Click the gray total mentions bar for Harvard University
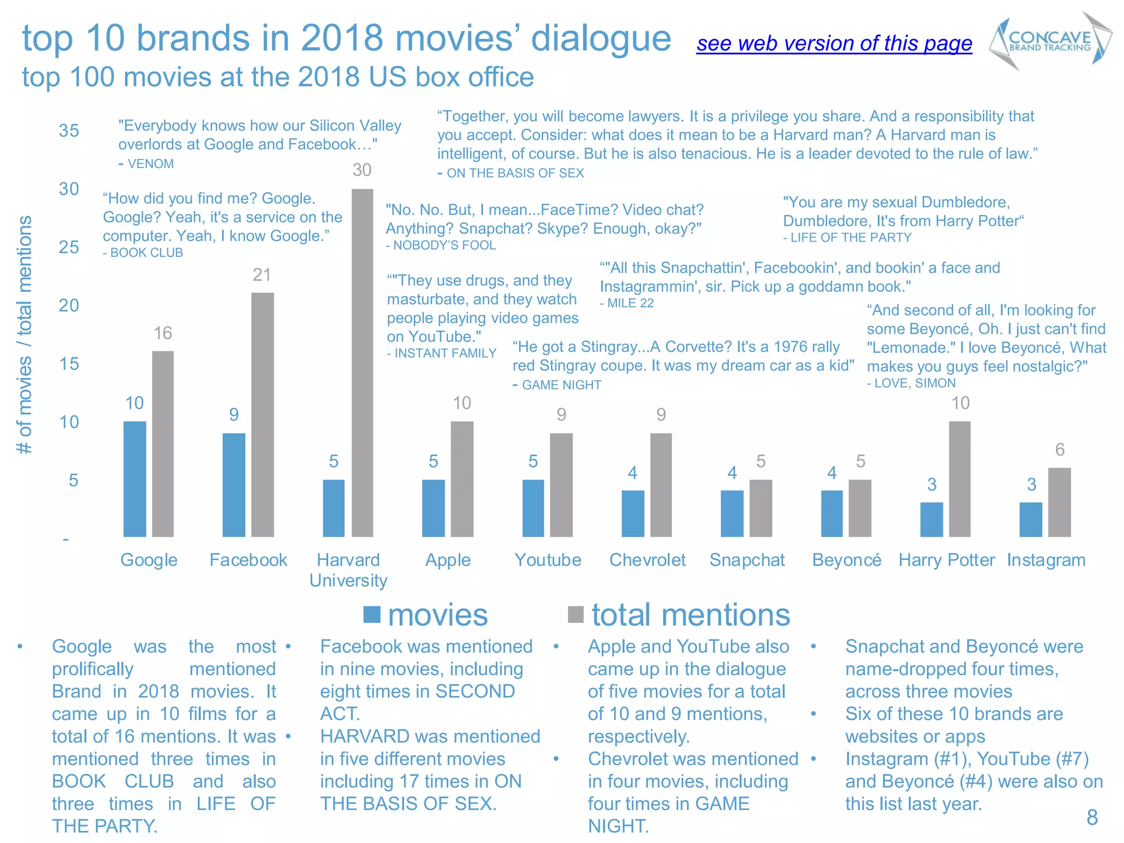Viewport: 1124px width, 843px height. pos(362,362)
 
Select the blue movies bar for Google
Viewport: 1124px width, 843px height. pos(134,479)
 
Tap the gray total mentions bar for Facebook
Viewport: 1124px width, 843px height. pos(262,414)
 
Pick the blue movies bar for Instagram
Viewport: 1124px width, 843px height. pos(1031,519)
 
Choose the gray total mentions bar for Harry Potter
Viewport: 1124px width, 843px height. pos(959,479)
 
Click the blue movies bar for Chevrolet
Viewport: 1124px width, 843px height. pos(633,513)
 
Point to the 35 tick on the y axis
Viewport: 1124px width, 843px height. pos(69,131)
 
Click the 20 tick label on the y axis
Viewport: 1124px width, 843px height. pos(69,305)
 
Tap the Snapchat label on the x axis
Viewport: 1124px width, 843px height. pos(747,560)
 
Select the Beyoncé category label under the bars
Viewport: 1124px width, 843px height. pos(846,560)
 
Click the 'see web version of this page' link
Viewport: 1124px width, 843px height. pos(834,43)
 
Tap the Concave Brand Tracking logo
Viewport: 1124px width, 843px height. pos(1050,41)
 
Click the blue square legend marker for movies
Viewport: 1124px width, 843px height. pos(372,615)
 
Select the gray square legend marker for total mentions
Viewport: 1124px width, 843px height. pos(576,615)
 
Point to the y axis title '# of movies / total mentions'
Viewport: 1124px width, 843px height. pos(25,335)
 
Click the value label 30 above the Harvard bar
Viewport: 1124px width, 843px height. pos(362,170)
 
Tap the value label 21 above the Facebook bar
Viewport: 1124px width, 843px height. pos(262,274)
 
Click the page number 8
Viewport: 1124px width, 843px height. pos(1092,817)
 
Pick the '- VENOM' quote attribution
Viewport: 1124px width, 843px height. pos(147,164)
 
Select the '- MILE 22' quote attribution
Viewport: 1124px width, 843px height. pos(627,303)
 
